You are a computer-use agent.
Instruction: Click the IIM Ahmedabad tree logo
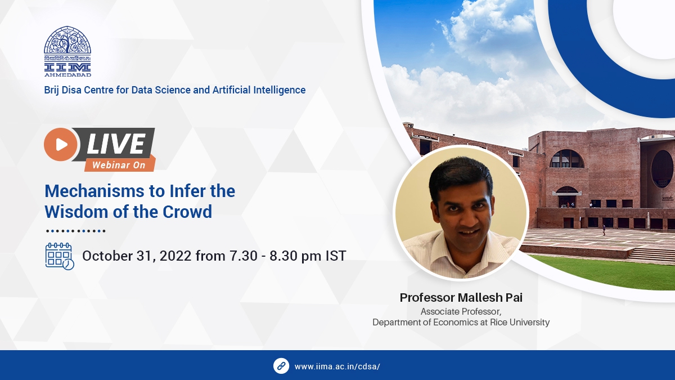point(67,51)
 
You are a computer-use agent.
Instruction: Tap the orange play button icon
point(61,144)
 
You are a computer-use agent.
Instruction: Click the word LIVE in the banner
point(116,144)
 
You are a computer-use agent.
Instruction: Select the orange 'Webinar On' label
point(120,164)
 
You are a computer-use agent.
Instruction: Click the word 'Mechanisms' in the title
point(94,191)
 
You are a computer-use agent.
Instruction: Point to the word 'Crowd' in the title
point(187,212)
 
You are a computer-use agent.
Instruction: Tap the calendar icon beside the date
point(60,256)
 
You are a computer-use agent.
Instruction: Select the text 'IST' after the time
point(336,256)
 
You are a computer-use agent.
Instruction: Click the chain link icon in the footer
point(281,366)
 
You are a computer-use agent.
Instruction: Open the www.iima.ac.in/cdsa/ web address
point(337,366)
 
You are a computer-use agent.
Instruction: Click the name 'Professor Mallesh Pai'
point(461,298)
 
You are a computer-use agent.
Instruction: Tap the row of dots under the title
point(75,231)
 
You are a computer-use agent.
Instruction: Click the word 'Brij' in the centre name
point(52,90)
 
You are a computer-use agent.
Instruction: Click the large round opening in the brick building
point(662,169)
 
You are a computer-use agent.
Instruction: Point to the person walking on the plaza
point(604,230)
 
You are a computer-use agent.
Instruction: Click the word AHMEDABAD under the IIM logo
point(68,74)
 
